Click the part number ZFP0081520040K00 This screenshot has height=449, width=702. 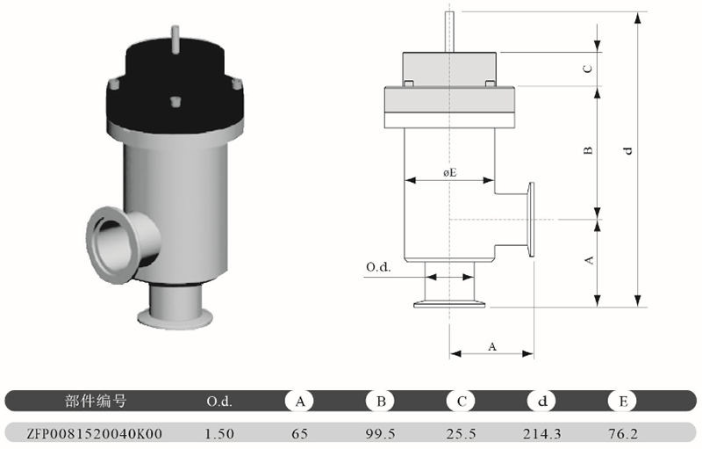[x=94, y=434]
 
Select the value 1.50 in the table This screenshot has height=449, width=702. [x=219, y=434]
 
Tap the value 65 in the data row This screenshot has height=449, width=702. [x=299, y=434]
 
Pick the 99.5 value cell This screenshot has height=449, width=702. [x=381, y=434]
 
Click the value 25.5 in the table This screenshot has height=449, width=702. [x=462, y=434]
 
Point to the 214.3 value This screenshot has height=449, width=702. [x=541, y=434]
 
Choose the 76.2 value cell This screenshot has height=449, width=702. [x=623, y=434]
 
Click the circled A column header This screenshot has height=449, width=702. [x=299, y=401]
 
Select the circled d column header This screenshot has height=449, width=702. [x=541, y=401]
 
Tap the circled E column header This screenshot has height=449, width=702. [x=623, y=401]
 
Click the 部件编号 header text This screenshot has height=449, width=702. [x=96, y=401]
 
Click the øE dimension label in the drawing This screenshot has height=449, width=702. [x=450, y=172]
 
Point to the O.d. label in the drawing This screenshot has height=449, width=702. [x=378, y=267]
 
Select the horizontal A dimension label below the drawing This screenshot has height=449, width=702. [x=492, y=346]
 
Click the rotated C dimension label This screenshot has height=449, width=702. [x=588, y=69]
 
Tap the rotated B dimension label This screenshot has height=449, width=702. [x=588, y=150]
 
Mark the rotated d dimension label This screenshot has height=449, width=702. [x=628, y=150]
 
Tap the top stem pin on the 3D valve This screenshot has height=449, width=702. [x=175, y=39]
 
